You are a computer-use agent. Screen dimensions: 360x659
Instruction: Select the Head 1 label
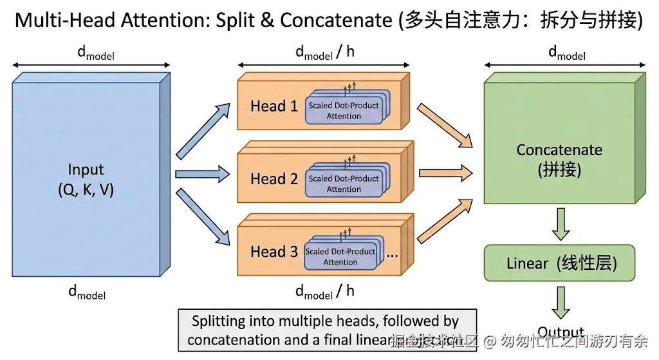(x=274, y=106)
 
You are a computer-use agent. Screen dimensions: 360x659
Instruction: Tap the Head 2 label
(x=274, y=179)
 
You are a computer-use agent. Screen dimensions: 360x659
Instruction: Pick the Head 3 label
(x=274, y=252)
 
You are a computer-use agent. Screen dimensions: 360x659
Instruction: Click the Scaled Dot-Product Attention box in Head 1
(x=344, y=110)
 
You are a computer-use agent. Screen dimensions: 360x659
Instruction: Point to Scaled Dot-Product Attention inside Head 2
(x=344, y=184)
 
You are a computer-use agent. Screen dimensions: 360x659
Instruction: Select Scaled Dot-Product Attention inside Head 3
(x=340, y=256)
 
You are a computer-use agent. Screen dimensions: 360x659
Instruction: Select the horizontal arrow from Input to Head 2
(x=203, y=173)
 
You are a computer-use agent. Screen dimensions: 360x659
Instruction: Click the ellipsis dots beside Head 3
(x=392, y=254)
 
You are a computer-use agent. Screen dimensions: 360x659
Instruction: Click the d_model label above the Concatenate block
(x=566, y=53)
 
